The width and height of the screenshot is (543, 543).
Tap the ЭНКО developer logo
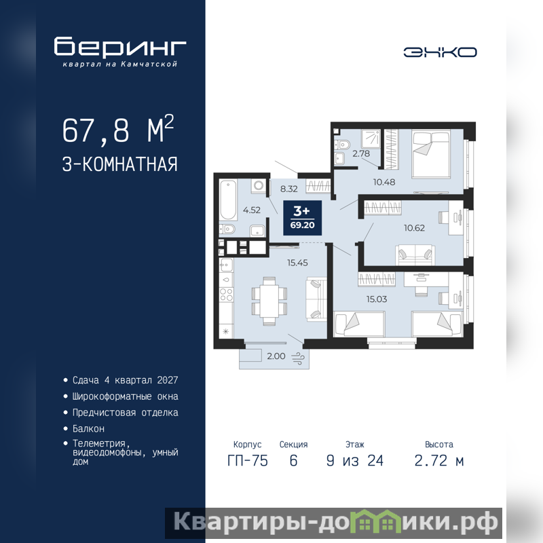coord(440,52)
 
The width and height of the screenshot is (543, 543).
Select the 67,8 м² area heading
coord(118,130)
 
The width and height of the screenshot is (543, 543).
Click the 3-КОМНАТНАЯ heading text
coord(120,164)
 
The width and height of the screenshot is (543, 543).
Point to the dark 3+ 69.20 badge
coord(302,218)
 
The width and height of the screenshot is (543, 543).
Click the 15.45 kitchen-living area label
coord(297,263)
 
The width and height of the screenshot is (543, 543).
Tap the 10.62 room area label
coord(414,228)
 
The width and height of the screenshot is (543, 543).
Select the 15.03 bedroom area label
coord(377,299)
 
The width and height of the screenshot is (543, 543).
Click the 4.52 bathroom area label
coord(251,210)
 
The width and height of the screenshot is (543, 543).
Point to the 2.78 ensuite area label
coord(361,153)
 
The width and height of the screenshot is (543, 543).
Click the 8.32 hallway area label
coord(289,189)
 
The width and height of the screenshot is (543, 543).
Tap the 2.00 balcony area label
coord(276,356)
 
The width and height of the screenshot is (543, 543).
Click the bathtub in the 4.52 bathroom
coord(228,200)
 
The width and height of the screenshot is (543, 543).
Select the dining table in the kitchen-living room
coord(269,301)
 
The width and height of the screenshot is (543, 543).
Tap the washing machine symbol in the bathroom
coord(259,186)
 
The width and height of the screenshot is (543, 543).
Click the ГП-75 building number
coord(248,461)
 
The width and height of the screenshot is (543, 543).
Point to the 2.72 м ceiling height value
coord(439,461)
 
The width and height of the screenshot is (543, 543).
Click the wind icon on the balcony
coord(298,358)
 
